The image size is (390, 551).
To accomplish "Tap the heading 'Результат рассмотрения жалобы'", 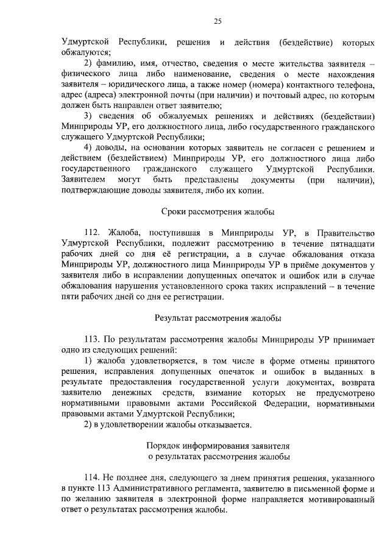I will tap(218, 317).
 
